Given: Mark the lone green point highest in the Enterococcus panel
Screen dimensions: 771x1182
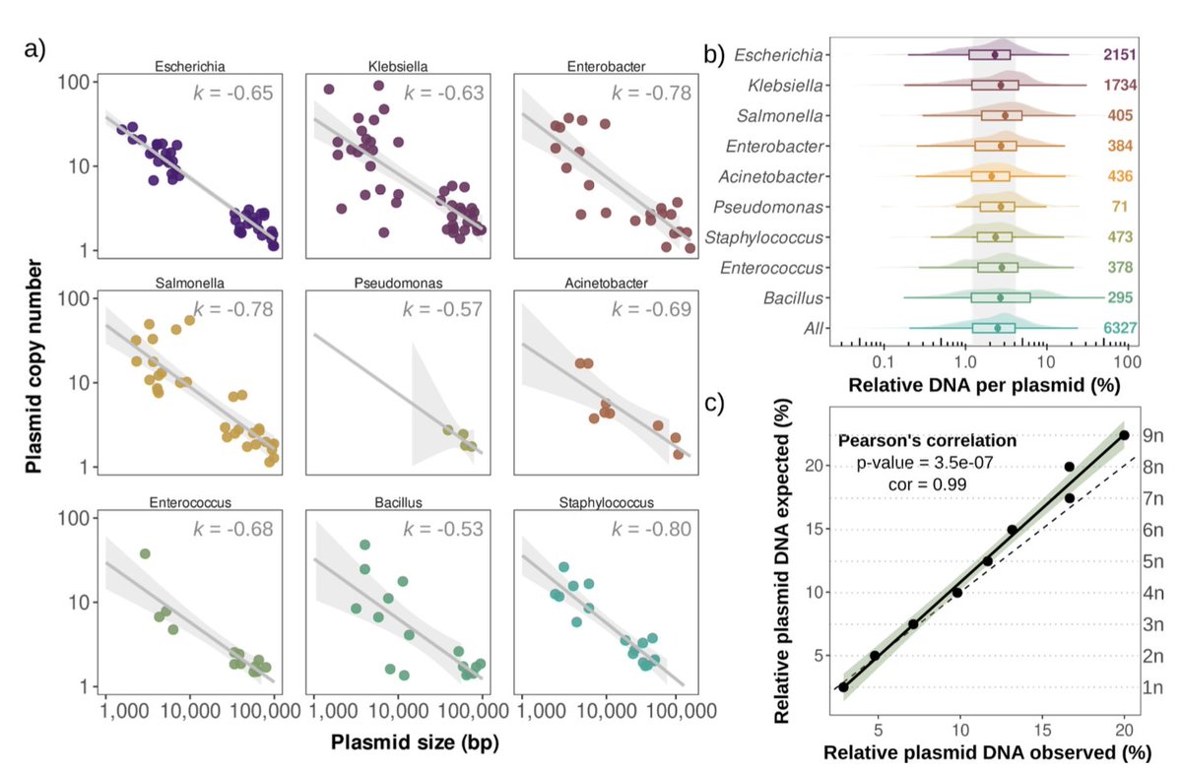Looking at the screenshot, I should (x=145, y=554).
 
